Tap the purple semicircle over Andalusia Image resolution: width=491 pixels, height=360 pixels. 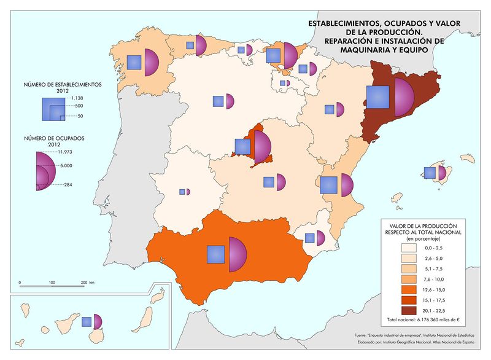236,254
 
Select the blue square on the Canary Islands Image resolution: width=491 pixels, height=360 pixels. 87,321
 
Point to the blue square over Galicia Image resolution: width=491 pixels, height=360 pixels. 134,61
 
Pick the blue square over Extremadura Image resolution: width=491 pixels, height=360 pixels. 182,192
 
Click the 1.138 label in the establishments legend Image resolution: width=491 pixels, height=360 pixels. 77,98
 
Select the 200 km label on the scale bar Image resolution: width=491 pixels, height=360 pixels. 87,282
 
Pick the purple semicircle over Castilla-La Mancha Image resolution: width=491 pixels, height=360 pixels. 282,181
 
